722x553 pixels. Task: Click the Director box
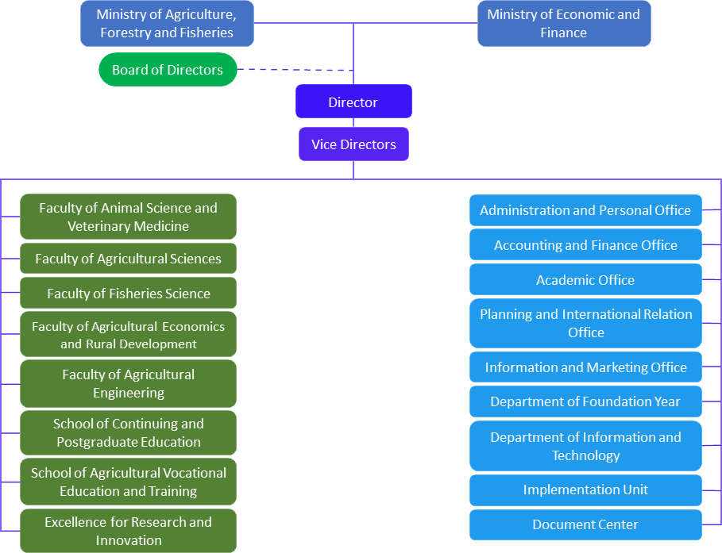tap(353, 102)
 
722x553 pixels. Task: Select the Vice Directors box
tap(353, 144)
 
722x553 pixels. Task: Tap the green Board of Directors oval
tap(168, 70)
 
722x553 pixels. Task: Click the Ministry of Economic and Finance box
tap(563, 24)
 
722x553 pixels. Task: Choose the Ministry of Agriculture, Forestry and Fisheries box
tap(167, 24)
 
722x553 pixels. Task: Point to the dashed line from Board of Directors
tap(295, 70)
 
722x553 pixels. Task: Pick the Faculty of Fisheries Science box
tap(129, 294)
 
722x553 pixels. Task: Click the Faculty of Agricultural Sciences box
tap(129, 259)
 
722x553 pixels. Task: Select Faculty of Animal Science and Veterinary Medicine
tap(129, 217)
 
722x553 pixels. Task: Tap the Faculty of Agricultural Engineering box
tap(129, 383)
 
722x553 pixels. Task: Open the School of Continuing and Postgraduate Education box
tap(129, 432)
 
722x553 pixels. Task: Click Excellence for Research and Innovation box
tap(129, 531)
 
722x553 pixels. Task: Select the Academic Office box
tap(585, 280)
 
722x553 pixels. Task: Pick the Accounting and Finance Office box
tap(585, 245)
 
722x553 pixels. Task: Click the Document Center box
tap(585, 524)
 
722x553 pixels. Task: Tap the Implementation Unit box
tap(585, 490)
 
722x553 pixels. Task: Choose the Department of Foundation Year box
tap(585, 401)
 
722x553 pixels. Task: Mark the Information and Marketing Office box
tap(585, 367)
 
